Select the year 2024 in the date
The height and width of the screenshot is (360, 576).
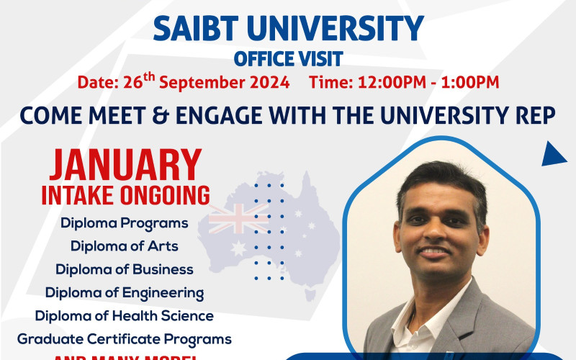tap(264, 82)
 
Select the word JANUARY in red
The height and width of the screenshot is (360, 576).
tap(125, 166)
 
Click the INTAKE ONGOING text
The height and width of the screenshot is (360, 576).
tap(125, 194)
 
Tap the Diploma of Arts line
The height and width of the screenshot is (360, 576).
tap(124, 246)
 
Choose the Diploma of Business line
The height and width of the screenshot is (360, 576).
tap(124, 269)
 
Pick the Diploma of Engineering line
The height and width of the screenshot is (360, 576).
tap(124, 292)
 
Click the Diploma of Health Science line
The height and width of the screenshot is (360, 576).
tap(124, 315)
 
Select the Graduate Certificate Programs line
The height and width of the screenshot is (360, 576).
tap(124, 338)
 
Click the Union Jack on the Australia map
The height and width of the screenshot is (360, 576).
tap(238, 217)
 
